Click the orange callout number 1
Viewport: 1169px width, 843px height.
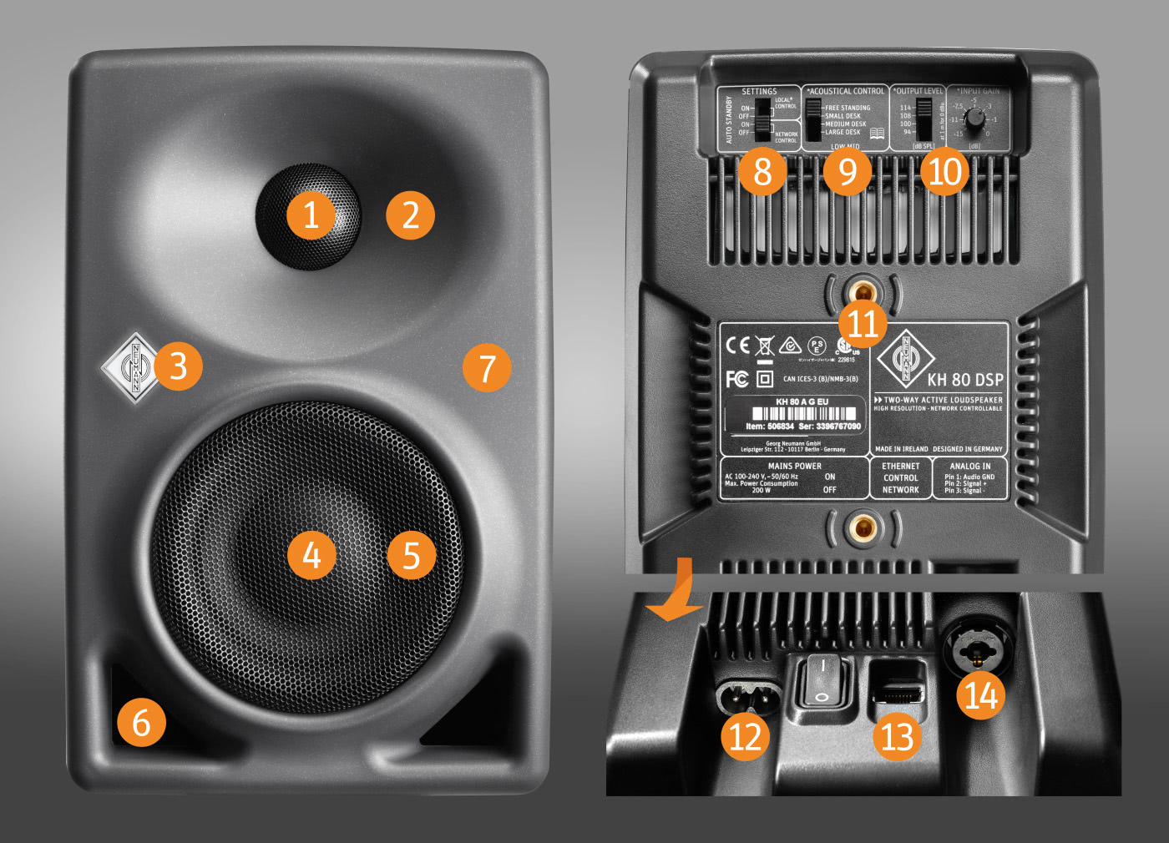coord(311,215)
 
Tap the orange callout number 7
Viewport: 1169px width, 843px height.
coord(486,367)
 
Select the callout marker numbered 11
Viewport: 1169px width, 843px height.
coord(863,323)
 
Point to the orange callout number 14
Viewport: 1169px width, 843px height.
coord(981,695)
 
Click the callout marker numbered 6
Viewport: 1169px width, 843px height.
coord(141,723)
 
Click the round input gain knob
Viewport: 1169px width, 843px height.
coord(974,117)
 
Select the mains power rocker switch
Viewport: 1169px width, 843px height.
coord(822,680)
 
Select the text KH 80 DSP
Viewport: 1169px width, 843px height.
coord(964,380)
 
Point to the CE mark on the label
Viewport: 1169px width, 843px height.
coord(737,345)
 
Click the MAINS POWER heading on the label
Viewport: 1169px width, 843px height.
coord(794,466)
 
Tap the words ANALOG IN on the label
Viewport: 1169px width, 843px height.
coord(970,466)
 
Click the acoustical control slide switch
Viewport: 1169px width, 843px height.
coord(813,121)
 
